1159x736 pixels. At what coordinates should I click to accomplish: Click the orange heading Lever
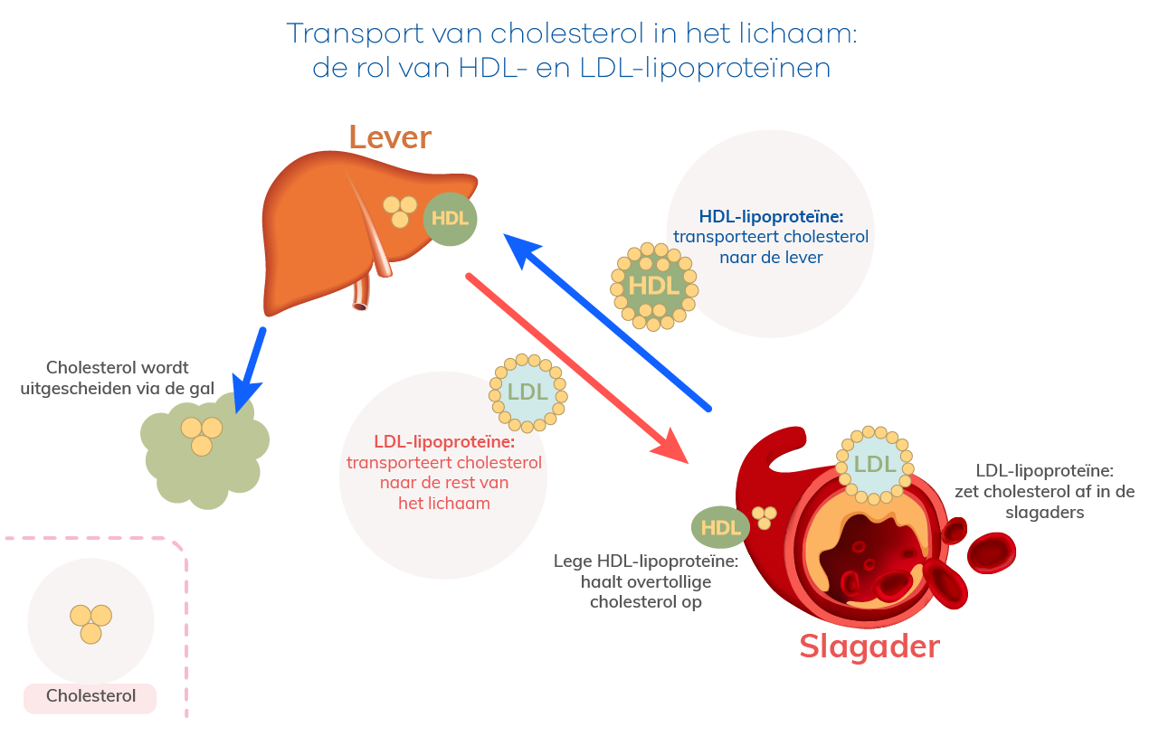[390, 137]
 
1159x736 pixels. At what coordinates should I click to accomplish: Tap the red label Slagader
[869, 647]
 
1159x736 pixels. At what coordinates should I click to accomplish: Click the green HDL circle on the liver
[451, 219]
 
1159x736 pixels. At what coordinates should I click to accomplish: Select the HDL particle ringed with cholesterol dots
[654, 287]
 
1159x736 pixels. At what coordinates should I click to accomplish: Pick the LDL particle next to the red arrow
[527, 393]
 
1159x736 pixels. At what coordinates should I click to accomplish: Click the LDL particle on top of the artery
[874, 465]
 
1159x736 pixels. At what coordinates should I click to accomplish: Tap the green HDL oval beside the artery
[720, 527]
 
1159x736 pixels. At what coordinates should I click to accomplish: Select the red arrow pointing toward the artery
[577, 368]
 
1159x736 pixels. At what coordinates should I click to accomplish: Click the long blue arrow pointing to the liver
[606, 322]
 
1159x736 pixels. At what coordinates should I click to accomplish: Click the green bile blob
[204, 451]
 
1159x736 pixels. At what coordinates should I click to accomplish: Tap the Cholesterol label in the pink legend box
[90, 696]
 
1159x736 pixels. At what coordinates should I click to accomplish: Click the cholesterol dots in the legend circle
[91, 624]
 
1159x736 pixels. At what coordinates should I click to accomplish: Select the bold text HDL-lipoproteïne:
[771, 217]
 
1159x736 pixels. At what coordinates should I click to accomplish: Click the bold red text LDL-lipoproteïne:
[444, 442]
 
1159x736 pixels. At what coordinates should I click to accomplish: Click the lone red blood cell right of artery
[992, 553]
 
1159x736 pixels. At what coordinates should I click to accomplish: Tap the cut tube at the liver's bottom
[361, 294]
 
